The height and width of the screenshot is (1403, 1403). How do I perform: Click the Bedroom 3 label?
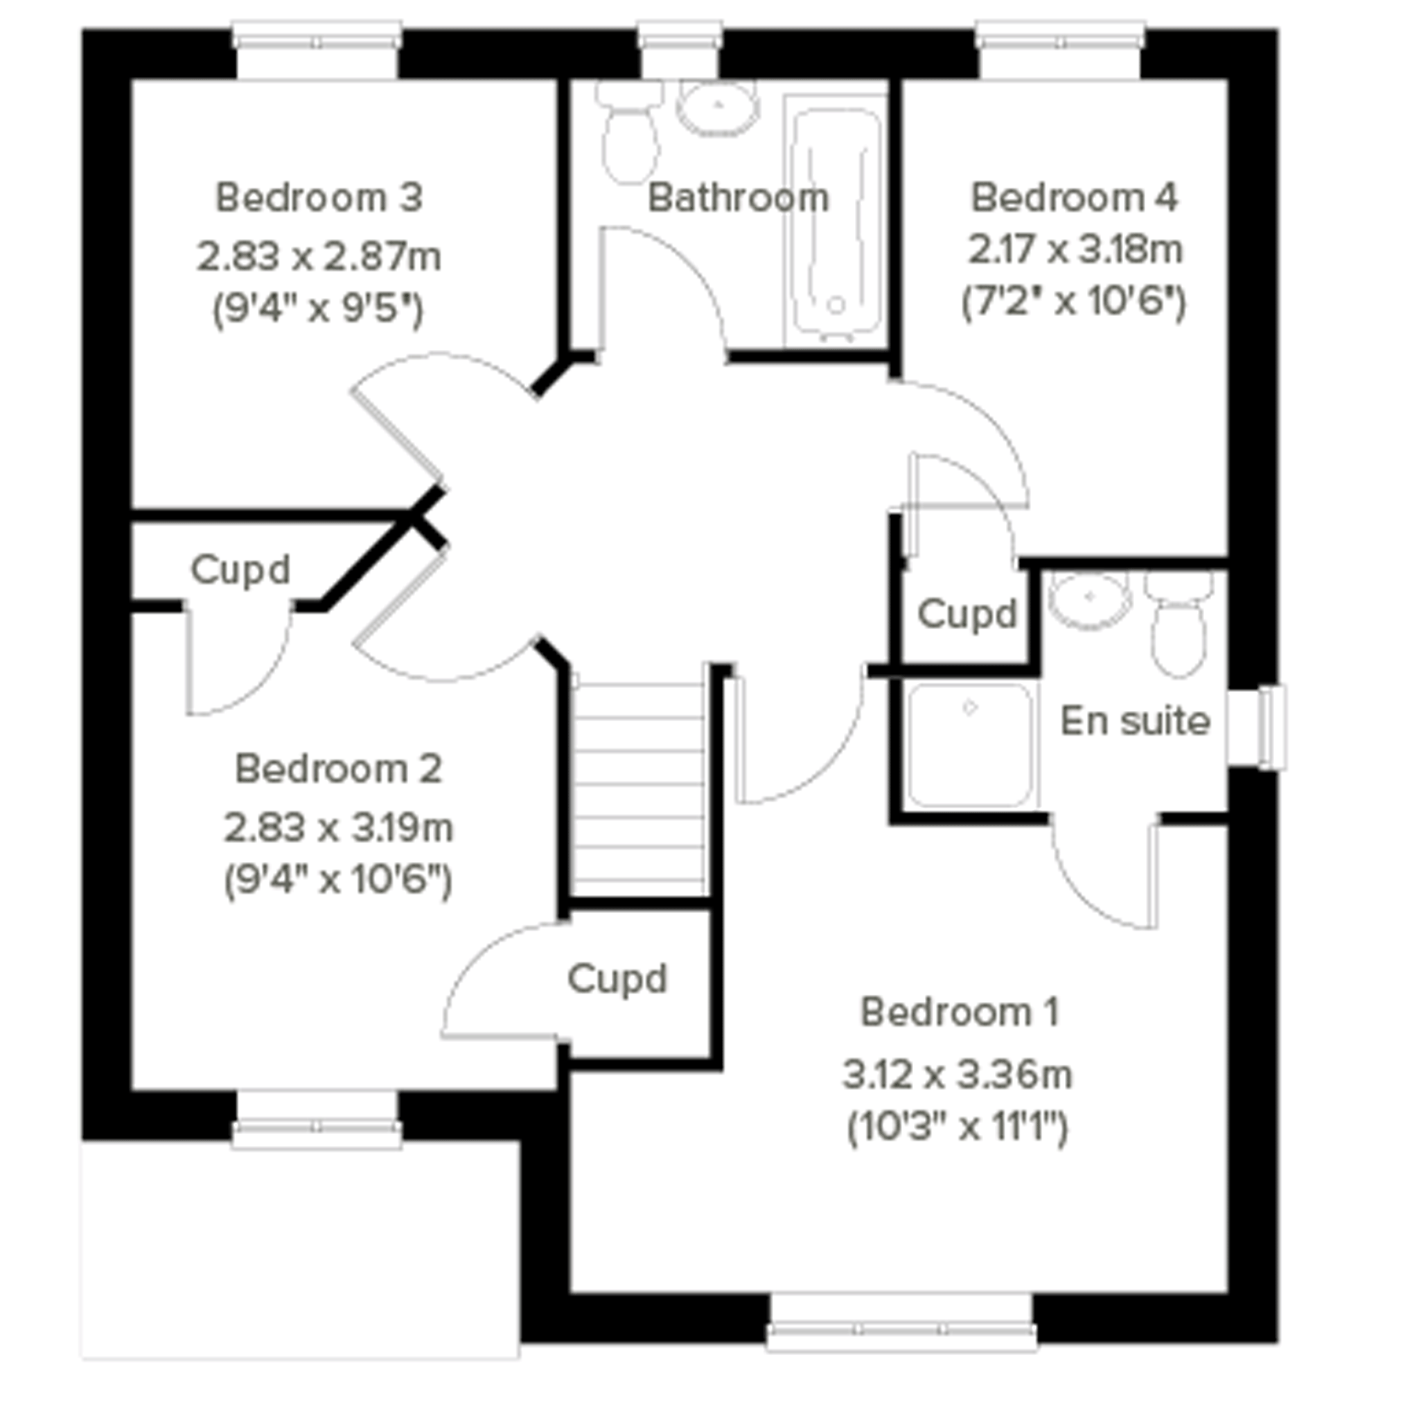pos(319,197)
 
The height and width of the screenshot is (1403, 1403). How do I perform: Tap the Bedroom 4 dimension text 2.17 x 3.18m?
pos(1075,251)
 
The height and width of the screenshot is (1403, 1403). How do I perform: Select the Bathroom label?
pos(738,197)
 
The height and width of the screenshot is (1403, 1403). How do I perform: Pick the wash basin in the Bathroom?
pos(718,107)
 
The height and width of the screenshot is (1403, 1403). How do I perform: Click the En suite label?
pos(1135,721)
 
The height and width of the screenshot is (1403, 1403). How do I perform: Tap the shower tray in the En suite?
pos(970,745)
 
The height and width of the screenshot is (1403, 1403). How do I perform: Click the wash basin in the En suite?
pos(1090,600)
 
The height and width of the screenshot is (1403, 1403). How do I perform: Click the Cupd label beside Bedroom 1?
pos(617,979)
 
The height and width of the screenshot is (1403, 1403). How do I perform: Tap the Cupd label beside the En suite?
pos(967,615)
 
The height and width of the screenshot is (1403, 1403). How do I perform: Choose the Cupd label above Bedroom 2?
pos(240,570)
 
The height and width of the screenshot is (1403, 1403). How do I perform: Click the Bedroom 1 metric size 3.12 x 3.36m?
pos(957,1075)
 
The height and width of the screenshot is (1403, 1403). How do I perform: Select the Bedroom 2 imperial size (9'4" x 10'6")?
pos(337,881)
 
